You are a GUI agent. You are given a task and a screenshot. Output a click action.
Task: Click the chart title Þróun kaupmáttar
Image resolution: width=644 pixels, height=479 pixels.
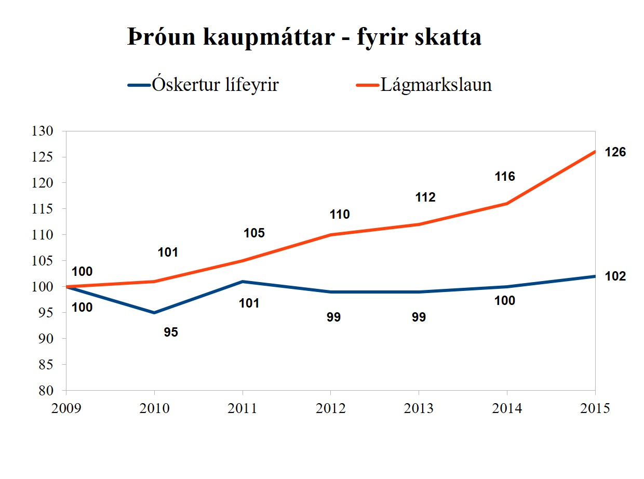point(304,37)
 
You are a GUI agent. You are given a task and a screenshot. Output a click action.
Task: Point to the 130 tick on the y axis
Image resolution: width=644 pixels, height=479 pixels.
point(43,131)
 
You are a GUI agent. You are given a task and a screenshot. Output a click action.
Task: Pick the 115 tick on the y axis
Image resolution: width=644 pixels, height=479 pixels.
point(43,209)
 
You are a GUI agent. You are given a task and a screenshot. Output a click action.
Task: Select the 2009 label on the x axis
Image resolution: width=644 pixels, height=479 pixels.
point(66,408)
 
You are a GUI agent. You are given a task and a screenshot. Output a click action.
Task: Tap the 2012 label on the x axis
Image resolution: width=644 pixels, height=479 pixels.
point(331,408)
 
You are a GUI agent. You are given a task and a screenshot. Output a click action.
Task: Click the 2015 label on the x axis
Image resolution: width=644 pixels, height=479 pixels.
point(595,408)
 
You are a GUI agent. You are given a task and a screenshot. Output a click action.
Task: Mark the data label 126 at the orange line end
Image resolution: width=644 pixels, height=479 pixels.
point(615,153)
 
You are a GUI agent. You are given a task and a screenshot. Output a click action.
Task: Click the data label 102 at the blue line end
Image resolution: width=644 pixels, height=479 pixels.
point(615,276)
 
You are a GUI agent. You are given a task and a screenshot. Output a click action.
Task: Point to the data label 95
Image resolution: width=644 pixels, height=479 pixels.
point(171,332)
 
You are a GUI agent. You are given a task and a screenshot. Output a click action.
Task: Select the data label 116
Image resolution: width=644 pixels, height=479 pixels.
point(505,177)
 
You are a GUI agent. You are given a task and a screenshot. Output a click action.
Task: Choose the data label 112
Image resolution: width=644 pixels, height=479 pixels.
point(425,197)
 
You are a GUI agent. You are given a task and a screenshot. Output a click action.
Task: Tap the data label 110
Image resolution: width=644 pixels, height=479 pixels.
point(340,215)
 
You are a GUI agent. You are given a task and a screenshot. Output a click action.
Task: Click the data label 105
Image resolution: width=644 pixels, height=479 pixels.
point(254,233)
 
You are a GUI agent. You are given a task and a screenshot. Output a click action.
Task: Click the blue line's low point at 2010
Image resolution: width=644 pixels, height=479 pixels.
point(154,313)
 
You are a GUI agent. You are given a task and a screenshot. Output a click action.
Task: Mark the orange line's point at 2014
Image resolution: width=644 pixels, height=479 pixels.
point(507,204)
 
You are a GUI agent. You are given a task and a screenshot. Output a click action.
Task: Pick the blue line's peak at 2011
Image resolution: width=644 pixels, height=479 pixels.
point(243,282)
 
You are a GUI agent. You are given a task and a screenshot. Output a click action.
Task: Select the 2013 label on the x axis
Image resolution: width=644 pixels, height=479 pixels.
point(419,408)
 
